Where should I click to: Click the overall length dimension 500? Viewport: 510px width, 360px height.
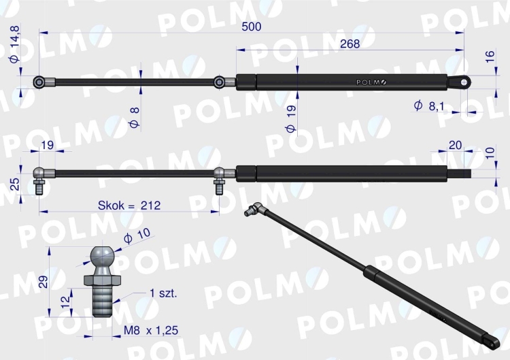coord(251,26)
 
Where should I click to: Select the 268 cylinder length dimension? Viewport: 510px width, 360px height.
coord(347,43)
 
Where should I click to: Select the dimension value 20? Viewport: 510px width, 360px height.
coord(456,145)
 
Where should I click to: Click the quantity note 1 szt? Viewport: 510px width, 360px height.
coord(163,294)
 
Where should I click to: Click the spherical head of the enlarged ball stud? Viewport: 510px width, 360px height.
coord(102,258)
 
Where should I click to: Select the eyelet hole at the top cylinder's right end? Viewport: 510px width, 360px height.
coord(465,82)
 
